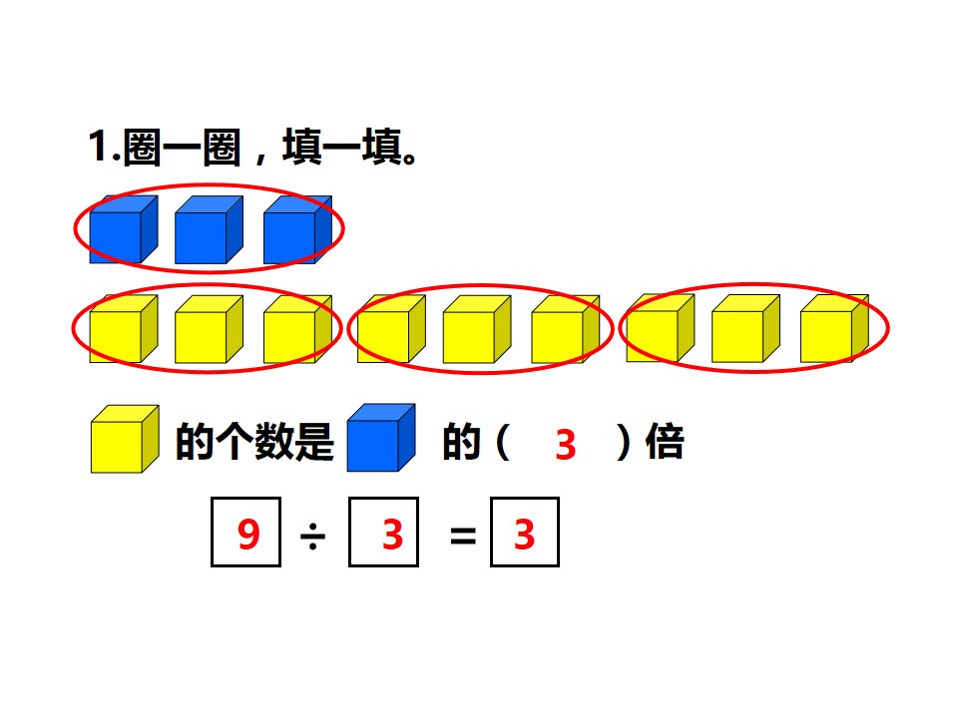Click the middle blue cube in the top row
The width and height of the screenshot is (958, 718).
click(209, 229)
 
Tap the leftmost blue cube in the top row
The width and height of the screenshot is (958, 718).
click(124, 229)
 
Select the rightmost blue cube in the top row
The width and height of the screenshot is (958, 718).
click(297, 229)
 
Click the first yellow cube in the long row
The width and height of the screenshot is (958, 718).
click(124, 329)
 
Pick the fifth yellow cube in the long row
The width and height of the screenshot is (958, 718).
click(477, 329)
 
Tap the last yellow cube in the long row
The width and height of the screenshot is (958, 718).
click(834, 328)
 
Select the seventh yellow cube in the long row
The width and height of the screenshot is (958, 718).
click(661, 328)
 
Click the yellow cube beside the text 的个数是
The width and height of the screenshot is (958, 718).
click(126, 439)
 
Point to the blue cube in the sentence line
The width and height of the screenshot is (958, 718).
click(381, 438)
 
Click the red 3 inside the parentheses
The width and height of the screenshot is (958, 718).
click(566, 445)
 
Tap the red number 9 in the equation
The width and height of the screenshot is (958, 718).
click(248, 535)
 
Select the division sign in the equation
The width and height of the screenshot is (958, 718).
click(312, 537)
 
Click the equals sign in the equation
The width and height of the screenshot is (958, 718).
click(462, 537)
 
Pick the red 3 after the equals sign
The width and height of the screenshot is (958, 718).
click(525, 535)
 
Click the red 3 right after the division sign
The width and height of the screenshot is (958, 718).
click(393, 535)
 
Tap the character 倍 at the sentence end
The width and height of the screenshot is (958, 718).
click(665, 442)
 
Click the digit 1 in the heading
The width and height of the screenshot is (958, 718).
click(98, 147)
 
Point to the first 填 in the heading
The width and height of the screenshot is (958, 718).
click(302, 147)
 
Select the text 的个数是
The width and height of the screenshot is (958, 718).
click(254, 442)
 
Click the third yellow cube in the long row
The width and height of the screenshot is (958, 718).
click(297, 329)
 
